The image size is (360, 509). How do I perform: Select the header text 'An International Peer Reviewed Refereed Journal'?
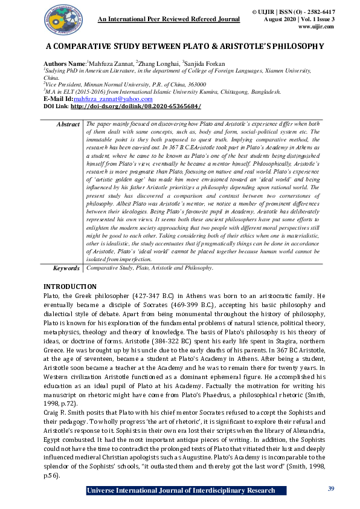point(169,19)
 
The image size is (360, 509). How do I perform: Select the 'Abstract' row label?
point(68,123)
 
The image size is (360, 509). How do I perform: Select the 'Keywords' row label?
point(65,267)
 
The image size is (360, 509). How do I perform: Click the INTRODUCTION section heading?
point(70,286)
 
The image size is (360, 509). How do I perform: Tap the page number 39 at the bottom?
point(330,488)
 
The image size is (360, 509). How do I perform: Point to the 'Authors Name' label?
point(63,63)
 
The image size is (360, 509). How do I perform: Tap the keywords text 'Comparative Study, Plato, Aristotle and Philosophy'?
point(149,267)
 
